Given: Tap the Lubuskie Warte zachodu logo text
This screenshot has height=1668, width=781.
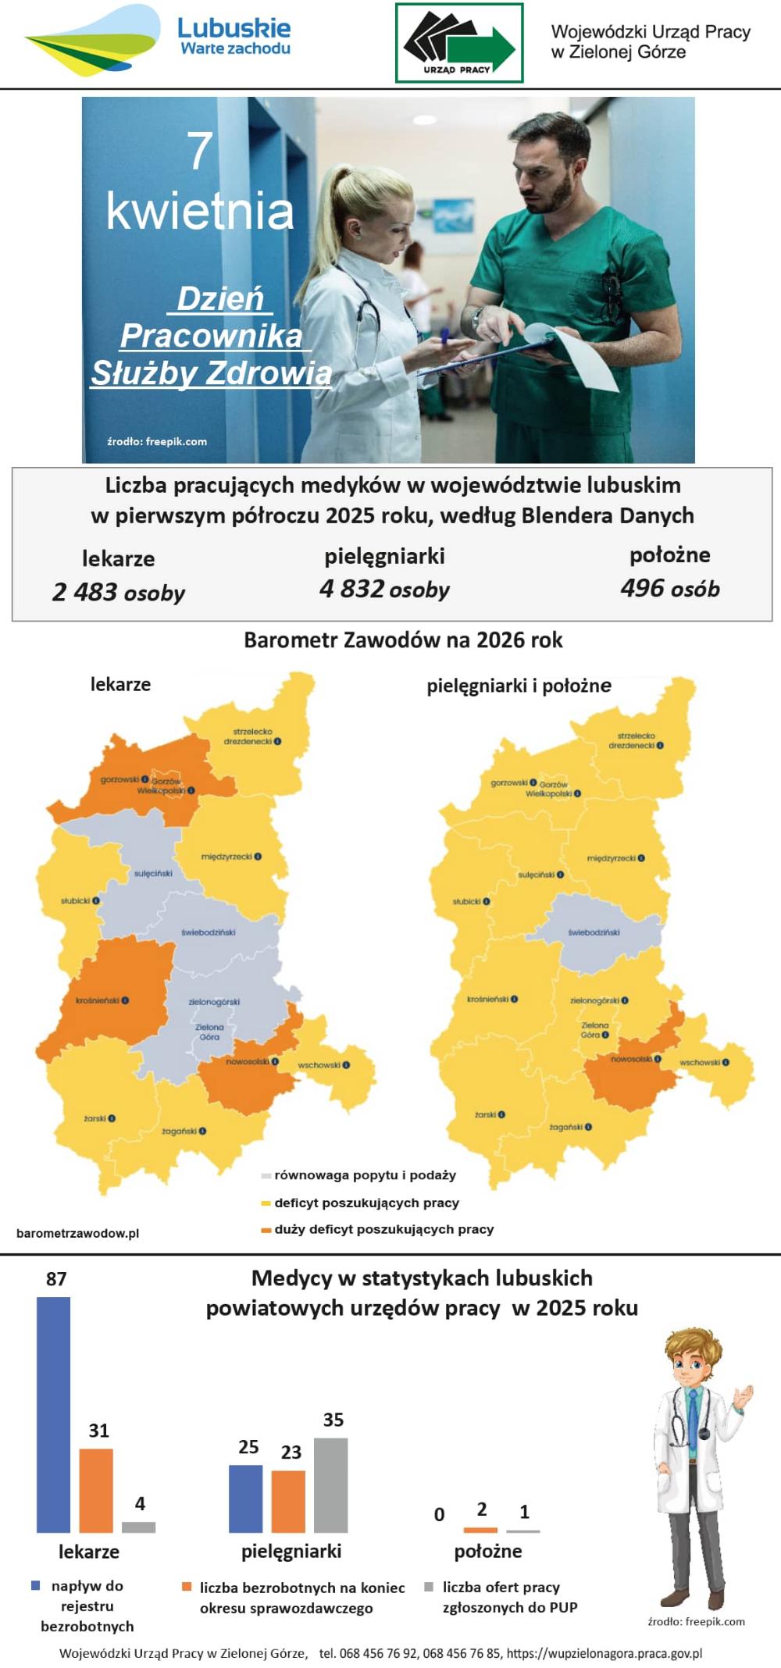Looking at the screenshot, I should click(234, 37).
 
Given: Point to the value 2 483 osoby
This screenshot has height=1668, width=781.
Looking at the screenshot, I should click(119, 593).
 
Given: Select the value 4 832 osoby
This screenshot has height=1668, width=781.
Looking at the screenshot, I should click(384, 590).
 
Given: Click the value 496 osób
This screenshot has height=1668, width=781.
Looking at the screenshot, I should click(670, 589).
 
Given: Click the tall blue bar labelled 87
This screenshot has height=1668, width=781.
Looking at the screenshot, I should click(53, 1413).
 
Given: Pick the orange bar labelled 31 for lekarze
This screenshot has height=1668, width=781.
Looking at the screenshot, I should click(96, 1489).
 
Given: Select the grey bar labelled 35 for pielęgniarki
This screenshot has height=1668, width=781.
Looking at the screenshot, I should click(330, 1484).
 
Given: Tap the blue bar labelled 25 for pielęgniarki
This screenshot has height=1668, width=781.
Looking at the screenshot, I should click(245, 1498).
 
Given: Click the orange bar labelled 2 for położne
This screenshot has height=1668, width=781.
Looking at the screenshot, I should click(480, 1530).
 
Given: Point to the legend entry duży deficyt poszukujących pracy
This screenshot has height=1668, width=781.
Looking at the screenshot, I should click(383, 1229).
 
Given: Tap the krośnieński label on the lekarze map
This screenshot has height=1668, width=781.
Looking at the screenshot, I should click(98, 1000).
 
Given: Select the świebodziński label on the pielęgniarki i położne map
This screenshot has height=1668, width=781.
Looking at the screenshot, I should click(594, 932).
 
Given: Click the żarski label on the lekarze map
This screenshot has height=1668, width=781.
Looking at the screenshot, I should click(95, 1118).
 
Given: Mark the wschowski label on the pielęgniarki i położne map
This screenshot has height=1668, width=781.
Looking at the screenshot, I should click(700, 1062).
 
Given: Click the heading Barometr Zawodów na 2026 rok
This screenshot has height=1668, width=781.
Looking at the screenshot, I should click(403, 640).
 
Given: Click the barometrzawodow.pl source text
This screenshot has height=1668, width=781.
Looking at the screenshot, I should click(77, 1233).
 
